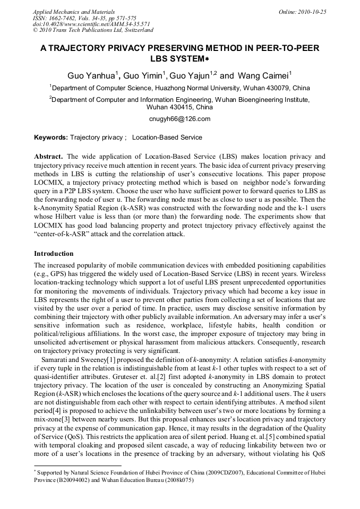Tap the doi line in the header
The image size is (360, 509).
click(x=91, y=24)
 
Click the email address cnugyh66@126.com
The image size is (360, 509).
click(x=180, y=119)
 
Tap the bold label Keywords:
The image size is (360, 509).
click(x=51, y=137)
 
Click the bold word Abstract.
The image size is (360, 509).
click(x=48, y=157)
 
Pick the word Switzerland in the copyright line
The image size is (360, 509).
click(x=136, y=31)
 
